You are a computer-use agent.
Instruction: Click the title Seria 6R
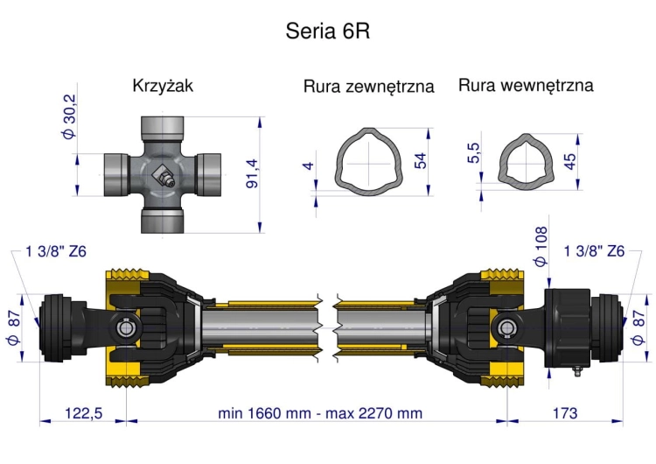point(328,32)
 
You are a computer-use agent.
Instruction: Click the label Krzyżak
point(163,87)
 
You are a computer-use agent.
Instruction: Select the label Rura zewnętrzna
point(369,88)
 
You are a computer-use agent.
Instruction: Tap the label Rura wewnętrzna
point(526,86)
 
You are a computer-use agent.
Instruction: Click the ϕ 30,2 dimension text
point(70,116)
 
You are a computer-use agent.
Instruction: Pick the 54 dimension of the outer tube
point(422,163)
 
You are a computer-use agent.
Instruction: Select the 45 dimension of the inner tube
point(571,161)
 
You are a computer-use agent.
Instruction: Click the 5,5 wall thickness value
point(474,153)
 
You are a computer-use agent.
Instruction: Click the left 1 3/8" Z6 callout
point(56,251)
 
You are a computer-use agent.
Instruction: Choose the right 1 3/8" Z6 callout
point(595,251)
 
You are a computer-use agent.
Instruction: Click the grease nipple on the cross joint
point(164,178)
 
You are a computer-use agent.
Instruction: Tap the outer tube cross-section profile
point(371,161)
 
